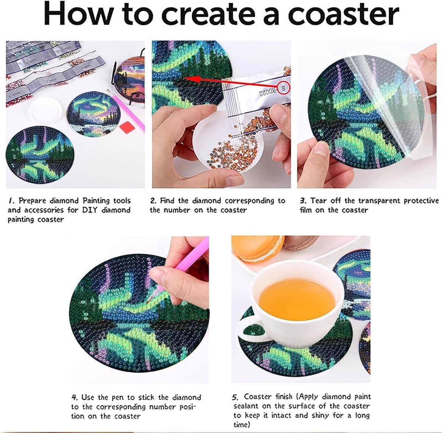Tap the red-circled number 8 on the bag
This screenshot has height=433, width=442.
[284, 88]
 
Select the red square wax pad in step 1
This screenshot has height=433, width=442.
[127, 127]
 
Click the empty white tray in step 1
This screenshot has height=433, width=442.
[45, 110]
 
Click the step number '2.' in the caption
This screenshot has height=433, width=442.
[154, 201]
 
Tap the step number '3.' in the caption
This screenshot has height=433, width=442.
[304, 201]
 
